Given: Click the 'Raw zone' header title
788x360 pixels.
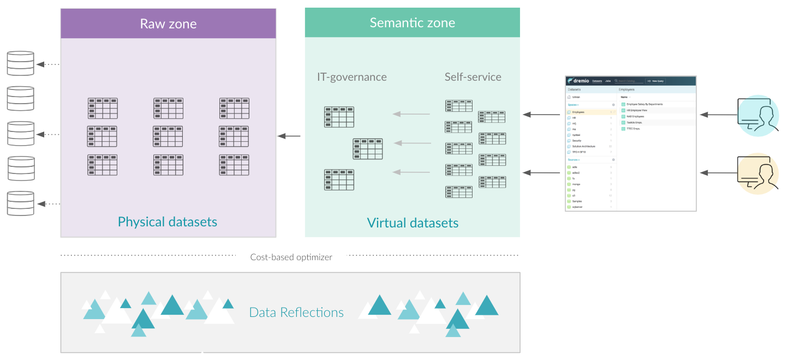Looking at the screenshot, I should [x=168, y=23].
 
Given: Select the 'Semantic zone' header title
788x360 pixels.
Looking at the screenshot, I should [x=412, y=23].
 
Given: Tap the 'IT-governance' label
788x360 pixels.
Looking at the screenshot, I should [x=352, y=77].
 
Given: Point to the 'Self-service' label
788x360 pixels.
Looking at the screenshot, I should [x=473, y=77].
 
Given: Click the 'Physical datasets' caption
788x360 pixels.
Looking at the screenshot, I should [x=168, y=222].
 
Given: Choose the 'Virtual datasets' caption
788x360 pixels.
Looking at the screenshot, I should [x=413, y=223].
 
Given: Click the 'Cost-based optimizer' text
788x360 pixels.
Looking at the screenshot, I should [x=291, y=257].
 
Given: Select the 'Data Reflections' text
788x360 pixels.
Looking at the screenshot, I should [x=296, y=313].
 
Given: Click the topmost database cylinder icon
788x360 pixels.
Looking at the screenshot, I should [x=20, y=63].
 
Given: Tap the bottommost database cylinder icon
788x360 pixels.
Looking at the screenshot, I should [x=20, y=203].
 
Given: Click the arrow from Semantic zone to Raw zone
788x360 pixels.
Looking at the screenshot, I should [x=289, y=136].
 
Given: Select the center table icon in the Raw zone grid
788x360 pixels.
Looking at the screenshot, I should [x=168, y=136].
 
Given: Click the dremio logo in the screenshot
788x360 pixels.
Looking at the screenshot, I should [x=579, y=81].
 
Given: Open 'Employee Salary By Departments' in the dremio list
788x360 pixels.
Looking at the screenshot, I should [x=644, y=104].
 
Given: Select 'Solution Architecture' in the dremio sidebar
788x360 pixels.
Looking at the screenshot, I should [x=583, y=146].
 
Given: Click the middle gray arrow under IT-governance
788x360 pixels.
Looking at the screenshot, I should [x=411, y=143].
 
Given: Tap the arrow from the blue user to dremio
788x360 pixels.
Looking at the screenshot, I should [x=716, y=115].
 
